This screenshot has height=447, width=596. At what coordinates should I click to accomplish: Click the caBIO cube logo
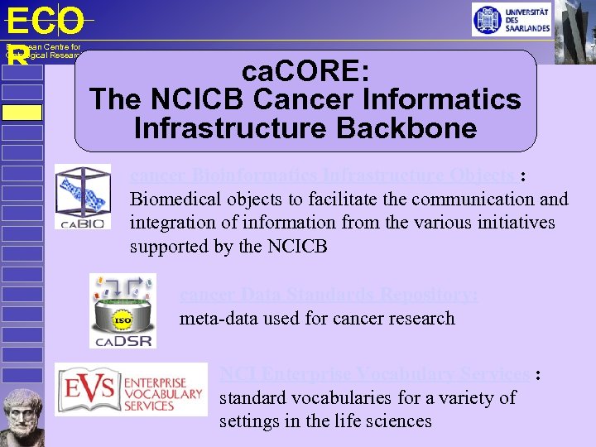point(82,196)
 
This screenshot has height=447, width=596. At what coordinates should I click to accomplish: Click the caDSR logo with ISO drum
point(123,310)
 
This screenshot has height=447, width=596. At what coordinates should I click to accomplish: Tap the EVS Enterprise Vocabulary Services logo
point(131,389)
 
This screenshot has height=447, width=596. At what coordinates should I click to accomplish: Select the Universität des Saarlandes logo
point(511,19)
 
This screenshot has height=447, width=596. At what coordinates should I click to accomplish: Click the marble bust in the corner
point(22,417)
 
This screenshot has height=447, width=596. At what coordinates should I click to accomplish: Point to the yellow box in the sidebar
point(22,113)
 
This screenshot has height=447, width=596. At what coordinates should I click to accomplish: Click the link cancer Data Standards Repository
point(328,295)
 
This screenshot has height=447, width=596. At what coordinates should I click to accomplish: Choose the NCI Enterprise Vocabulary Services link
point(374,374)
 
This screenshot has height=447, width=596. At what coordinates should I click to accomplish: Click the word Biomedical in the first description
point(175,199)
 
